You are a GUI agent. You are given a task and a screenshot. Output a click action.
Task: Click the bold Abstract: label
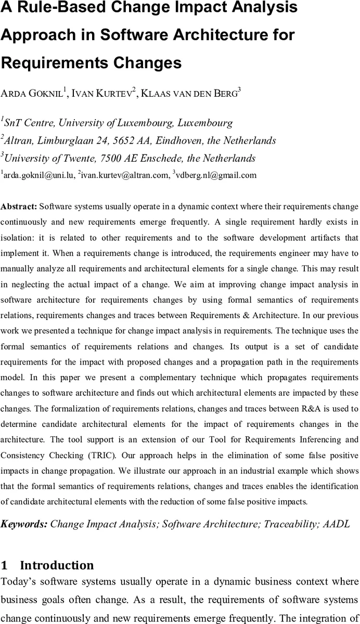[19, 206]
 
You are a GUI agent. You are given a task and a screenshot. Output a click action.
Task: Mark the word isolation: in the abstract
[19, 238]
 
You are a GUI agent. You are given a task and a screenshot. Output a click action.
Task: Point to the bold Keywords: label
[24, 524]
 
